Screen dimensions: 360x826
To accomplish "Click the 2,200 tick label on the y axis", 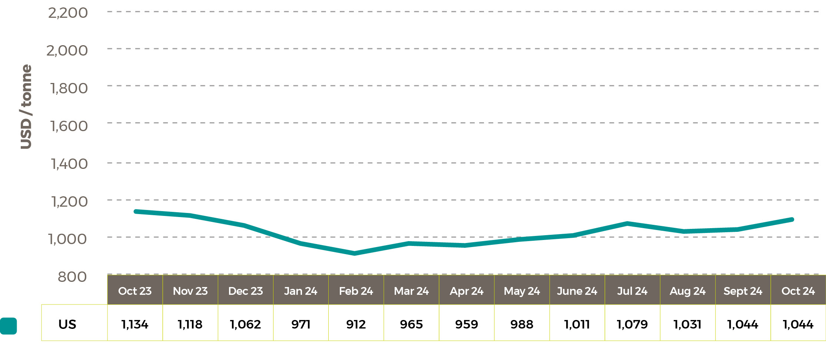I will pos(68,13).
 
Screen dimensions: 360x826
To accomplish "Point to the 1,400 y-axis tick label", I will pos(69,164).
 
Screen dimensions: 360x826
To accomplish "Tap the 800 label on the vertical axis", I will pos(72,277).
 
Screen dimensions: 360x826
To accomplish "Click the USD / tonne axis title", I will pos(26,107).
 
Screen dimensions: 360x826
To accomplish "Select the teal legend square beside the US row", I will pos(9,326).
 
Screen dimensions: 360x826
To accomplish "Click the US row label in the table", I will pos(67,324).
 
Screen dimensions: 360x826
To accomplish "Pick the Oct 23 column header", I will pos(135,291).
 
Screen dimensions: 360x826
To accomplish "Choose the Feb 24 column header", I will pos(356,291).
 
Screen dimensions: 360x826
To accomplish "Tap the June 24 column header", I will pos(577,291).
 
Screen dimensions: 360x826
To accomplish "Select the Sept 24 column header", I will pos(743,291).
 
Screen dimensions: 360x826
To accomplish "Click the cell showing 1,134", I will pos(135,324).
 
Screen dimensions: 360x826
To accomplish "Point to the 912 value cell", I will pos(356,324).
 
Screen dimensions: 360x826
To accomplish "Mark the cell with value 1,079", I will pos(632,324).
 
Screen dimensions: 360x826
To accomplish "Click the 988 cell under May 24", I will pos(522,324).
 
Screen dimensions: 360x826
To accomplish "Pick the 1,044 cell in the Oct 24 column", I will pos(798,324).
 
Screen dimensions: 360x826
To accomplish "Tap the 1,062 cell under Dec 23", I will pos(245,324).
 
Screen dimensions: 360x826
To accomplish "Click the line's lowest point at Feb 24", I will pos(355,253).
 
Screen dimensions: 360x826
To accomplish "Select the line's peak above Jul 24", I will pos(627,223).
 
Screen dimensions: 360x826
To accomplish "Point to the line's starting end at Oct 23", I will pos(136,211).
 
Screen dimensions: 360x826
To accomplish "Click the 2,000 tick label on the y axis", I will pos(67,51).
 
